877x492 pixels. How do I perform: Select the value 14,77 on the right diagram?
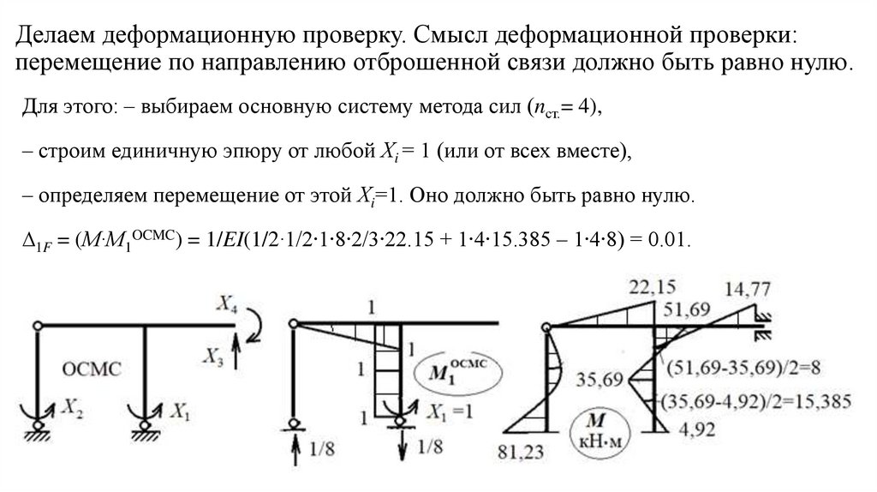coord(747,289)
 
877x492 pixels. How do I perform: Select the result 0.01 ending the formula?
coord(668,239)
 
